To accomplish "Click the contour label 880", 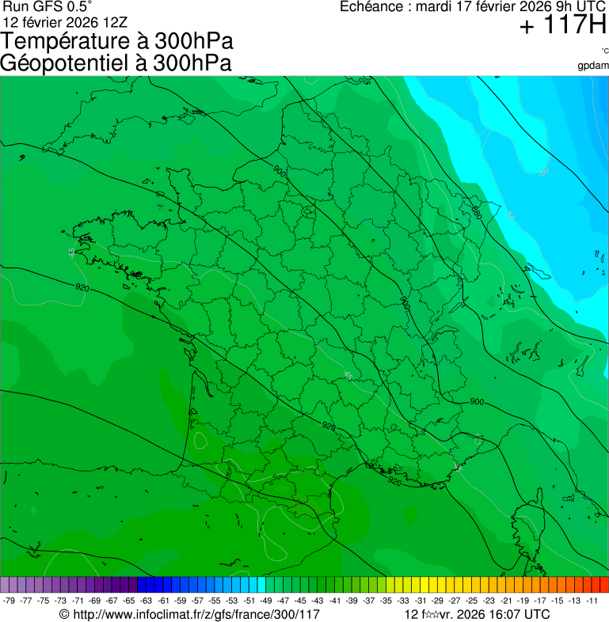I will click(x=476, y=212).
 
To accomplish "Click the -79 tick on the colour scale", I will click(x=10, y=601).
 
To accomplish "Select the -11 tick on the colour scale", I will click(x=592, y=601).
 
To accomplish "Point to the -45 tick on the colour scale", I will click(x=301, y=601).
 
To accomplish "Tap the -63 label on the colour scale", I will click(x=147, y=601).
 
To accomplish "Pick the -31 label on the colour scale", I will click(x=421, y=601).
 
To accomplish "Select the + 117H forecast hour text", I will click(x=562, y=26).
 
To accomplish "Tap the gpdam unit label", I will click(x=593, y=65).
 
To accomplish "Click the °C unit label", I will click(x=604, y=51).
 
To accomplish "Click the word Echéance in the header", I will click(x=371, y=7).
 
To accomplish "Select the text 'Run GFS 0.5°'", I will click(x=48, y=7).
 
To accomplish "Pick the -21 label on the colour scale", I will click(x=506, y=601).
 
